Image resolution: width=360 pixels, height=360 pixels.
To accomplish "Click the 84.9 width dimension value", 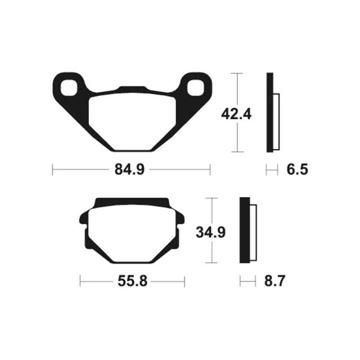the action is (x=129, y=170).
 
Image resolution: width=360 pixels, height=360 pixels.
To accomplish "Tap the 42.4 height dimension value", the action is (x=236, y=114).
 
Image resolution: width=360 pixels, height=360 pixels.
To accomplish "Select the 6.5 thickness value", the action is (x=298, y=170).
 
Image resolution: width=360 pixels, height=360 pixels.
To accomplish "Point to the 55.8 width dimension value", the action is (x=132, y=281).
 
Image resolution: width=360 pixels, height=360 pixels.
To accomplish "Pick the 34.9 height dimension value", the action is (x=211, y=232).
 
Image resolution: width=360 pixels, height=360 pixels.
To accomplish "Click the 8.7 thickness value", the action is (x=274, y=281).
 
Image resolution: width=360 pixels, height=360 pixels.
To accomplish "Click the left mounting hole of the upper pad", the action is (x=69, y=88).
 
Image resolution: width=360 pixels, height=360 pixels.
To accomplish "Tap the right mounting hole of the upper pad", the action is (x=196, y=88).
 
